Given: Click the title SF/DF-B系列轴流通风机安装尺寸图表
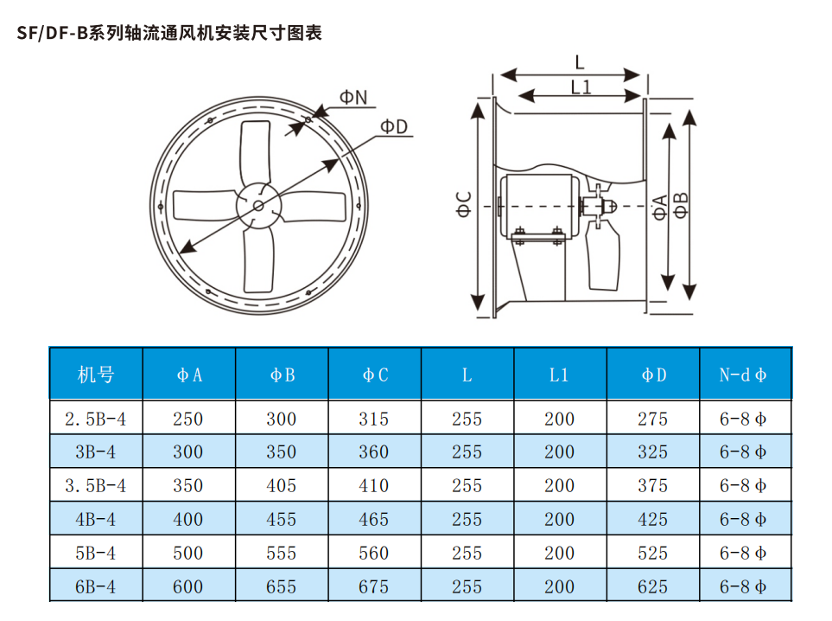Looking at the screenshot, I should (x=170, y=34).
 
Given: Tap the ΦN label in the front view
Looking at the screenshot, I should (x=352, y=97).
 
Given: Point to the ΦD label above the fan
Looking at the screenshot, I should (x=393, y=126).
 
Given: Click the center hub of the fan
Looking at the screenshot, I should (x=258, y=205).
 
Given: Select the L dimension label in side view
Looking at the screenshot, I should (x=580, y=62).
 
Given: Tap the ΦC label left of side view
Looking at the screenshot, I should (x=464, y=206).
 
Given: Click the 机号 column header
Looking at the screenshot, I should (x=96, y=375).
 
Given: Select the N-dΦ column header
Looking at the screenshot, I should (x=744, y=375).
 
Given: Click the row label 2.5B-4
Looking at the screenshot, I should (x=96, y=419).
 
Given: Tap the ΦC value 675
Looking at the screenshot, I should (x=374, y=586).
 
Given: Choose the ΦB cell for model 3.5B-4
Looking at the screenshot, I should (x=282, y=486).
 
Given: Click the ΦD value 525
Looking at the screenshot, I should (x=652, y=554).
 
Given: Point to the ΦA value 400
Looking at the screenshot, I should (x=188, y=520).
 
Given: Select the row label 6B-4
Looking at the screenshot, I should (x=96, y=586).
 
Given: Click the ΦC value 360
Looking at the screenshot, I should (x=374, y=452).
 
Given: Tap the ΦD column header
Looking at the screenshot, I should (x=652, y=375).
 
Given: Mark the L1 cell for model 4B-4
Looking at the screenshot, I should (x=560, y=520).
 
